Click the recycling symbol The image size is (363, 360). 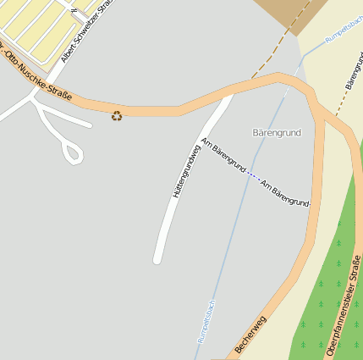click(x=117, y=115)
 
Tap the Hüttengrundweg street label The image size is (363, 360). click(x=185, y=172)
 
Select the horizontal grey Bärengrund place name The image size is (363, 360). click(x=277, y=133)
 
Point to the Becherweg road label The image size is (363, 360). click(x=250, y=334)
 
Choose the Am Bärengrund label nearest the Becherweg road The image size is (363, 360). click(x=284, y=194)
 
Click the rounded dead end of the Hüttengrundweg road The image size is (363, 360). click(x=157, y=258)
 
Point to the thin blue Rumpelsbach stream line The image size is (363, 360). click(x=237, y=212)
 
